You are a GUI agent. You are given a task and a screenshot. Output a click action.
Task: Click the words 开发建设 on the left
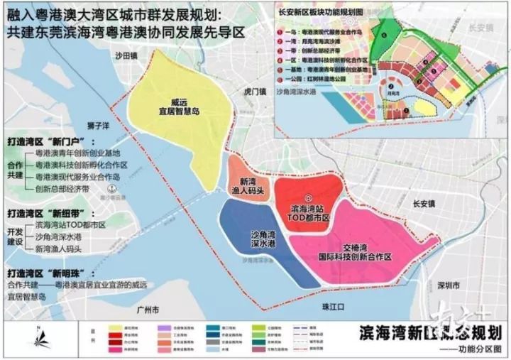pos(15,236)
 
